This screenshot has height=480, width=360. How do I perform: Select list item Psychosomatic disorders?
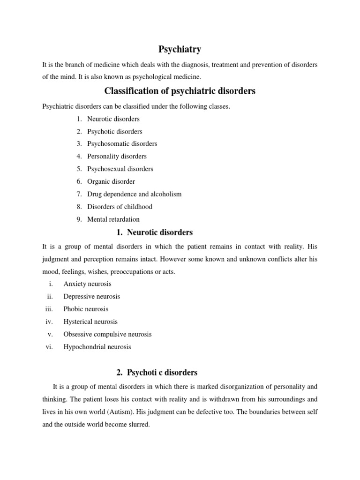click(122, 144)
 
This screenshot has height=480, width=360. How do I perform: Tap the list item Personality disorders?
click(117, 157)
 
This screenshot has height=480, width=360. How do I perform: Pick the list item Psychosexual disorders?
click(120, 169)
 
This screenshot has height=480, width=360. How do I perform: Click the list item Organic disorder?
click(111, 181)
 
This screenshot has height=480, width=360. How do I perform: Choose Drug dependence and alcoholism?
click(134, 194)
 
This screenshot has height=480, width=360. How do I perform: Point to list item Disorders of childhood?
click(120, 207)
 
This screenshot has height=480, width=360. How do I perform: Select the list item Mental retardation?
click(113, 219)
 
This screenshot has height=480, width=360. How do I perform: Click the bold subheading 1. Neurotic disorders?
click(154, 232)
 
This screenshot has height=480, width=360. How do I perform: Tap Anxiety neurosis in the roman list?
click(87, 284)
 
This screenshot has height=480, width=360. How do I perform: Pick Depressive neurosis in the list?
click(91, 297)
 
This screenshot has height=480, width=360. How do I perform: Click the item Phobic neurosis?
click(86, 309)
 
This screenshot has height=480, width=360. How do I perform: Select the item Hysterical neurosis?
click(90, 322)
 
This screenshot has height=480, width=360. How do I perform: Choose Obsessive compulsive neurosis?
click(107, 335)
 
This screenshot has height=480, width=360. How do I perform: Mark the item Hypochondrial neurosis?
click(97, 347)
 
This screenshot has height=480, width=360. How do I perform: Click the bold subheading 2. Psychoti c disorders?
click(157, 373)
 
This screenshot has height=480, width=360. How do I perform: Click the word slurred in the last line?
click(138, 425)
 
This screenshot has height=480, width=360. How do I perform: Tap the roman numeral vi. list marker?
click(50, 347)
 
